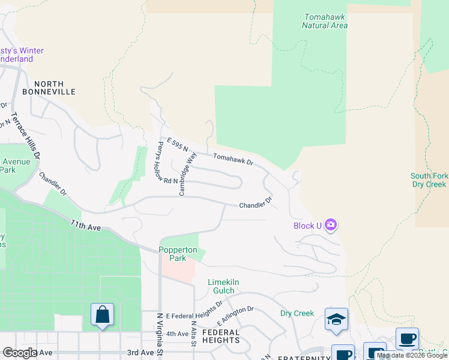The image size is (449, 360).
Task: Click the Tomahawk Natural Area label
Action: [x=325, y=22]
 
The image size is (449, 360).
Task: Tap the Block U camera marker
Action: [x=331, y=226]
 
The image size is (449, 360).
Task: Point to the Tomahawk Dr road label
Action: [x=234, y=159]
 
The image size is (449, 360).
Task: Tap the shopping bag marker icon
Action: [x=102, y=314]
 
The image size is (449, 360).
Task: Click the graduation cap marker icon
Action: [x=336, y=319]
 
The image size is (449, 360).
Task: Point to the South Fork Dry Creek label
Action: [x=428, y=180]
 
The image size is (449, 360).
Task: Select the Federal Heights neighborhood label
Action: [x=221, y=336]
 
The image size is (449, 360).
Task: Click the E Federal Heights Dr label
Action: [x=194, y=315]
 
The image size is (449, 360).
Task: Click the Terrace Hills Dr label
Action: [x=25, y=136]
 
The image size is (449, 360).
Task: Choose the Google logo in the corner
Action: [x=20, y=352]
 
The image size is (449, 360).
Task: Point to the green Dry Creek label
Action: [x=297, y=313]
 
